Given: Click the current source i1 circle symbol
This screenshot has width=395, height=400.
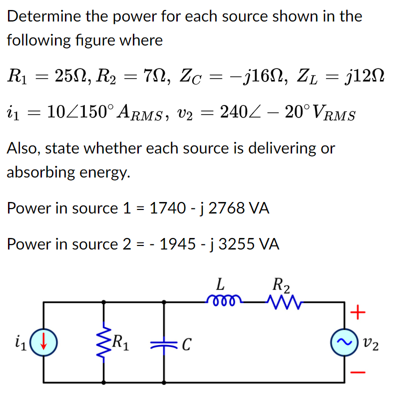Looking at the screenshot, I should (x=44, y=342).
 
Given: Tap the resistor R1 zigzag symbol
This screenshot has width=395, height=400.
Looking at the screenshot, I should (x=104, y=342).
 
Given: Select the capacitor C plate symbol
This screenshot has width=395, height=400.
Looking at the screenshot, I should (x=164, y=343).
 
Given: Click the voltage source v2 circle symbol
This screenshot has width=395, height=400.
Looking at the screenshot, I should (x=345, y=342).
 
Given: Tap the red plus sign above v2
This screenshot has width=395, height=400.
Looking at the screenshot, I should (x=357, y=313).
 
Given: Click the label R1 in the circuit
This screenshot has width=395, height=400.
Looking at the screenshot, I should (x=121, y=342).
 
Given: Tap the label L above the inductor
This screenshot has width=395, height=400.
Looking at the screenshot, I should (x=219, y=285).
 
